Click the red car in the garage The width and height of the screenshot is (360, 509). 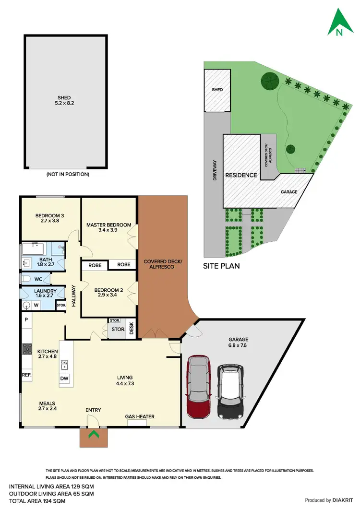pos(198,387)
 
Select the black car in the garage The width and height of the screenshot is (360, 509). pos(230,391)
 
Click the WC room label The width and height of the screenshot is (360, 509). pos(37,279)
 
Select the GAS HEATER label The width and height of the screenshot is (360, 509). pos(140,416)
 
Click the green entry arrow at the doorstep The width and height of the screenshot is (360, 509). pos(94,435)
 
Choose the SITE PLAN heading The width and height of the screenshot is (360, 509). pos(221,265)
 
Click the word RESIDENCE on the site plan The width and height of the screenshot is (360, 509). pos(241,175)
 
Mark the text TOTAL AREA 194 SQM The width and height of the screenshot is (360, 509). pos(37,500)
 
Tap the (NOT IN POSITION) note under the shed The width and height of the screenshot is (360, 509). pos(68,174)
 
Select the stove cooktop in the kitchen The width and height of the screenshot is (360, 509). pos(26,349)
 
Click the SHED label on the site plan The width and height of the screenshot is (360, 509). pos(217,90)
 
